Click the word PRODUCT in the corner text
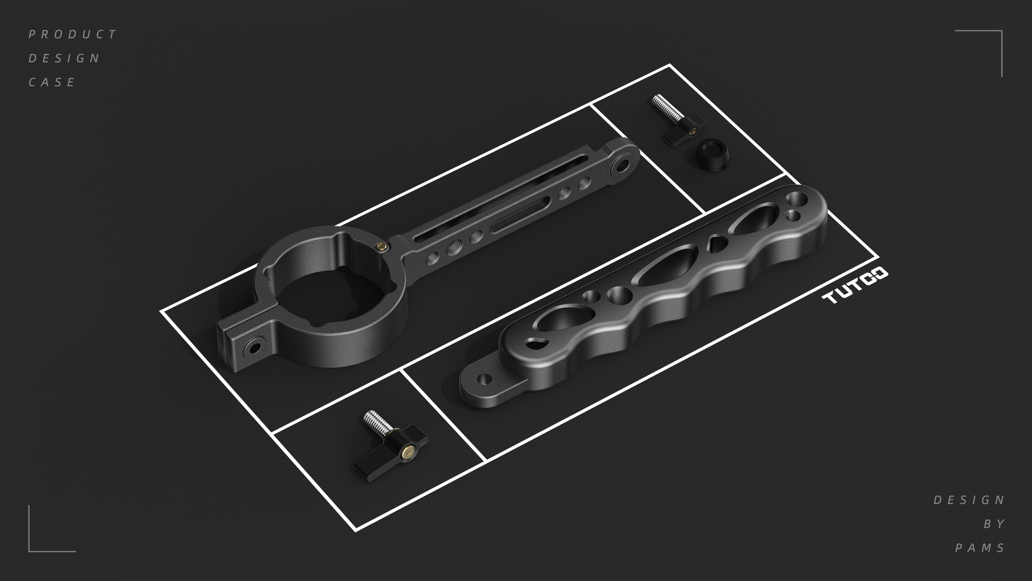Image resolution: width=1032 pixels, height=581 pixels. click(x=73, y=35)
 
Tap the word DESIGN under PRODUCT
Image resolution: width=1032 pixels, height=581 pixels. click(x=64, y=58)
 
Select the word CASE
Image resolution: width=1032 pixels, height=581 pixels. click(x=52, y=83)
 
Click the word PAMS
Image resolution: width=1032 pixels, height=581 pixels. click(x=980, y=548)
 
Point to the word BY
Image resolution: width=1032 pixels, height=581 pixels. click(x=994, y=524)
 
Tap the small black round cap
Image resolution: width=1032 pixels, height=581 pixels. click(x=711, y=155)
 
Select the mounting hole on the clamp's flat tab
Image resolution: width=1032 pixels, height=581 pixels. click(x=253, y=347)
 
